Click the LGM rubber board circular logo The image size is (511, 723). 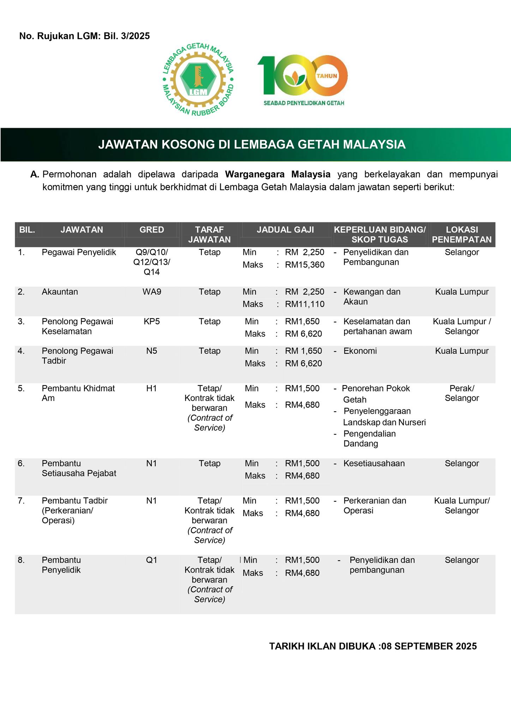(198, 80)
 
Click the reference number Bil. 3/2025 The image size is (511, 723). (127, 36)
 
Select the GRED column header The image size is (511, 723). (151, 230)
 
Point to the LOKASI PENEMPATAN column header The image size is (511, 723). (462, 234)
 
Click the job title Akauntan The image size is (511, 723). (60, 292)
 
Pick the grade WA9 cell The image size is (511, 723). (151, 292)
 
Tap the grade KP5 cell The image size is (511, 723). (151, 322)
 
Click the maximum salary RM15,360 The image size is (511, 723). (305, 265)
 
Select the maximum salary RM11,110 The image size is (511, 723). (305, 304)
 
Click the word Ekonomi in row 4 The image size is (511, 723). (360, 351)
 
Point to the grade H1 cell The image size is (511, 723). (151, 388)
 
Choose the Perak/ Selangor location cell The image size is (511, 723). (462, 393)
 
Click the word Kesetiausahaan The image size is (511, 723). (374, 464)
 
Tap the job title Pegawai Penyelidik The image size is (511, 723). (79, 252)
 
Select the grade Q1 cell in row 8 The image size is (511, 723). (151, 560)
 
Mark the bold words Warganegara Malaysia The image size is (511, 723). (278, 174)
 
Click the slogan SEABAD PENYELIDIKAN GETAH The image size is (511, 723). (304, 103)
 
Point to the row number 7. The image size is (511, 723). (21, 501)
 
